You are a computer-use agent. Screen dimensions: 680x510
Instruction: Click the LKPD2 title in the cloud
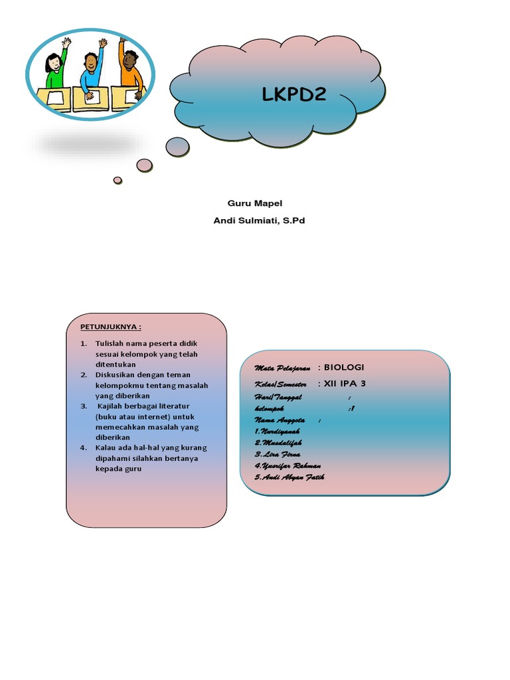tap(294, 95)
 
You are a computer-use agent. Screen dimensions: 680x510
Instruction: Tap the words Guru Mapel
tap(250, 203)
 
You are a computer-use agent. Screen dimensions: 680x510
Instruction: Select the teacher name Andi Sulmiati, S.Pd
tap(258, 220)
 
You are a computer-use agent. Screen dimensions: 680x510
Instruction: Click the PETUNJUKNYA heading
tap(111, 327)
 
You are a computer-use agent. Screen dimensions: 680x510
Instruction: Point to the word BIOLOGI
tap(344, 367)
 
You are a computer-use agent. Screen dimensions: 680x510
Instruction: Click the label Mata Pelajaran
tap(282, 368)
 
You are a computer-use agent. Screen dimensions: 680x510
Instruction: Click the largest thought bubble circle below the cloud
tap(177, 147)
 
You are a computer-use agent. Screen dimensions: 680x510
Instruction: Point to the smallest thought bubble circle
tap(118, 180)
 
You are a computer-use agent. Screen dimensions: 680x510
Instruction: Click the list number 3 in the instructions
tap(84, 406)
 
